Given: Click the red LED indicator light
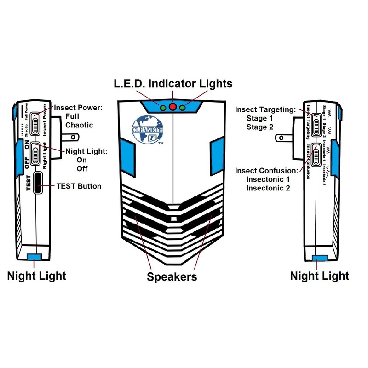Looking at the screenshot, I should [173, 107].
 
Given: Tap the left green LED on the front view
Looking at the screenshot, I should [163, 108].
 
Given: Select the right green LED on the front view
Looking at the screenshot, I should [183, 108].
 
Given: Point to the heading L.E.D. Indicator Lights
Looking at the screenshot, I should [173, 84].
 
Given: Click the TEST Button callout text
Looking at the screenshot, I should [79, 186].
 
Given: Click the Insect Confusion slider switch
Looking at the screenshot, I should [316, 155].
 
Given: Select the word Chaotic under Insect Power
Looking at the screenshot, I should [79, 125].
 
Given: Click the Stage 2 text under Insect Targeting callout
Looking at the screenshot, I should [261, 127].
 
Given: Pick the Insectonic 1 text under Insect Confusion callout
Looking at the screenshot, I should [268, 179].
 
